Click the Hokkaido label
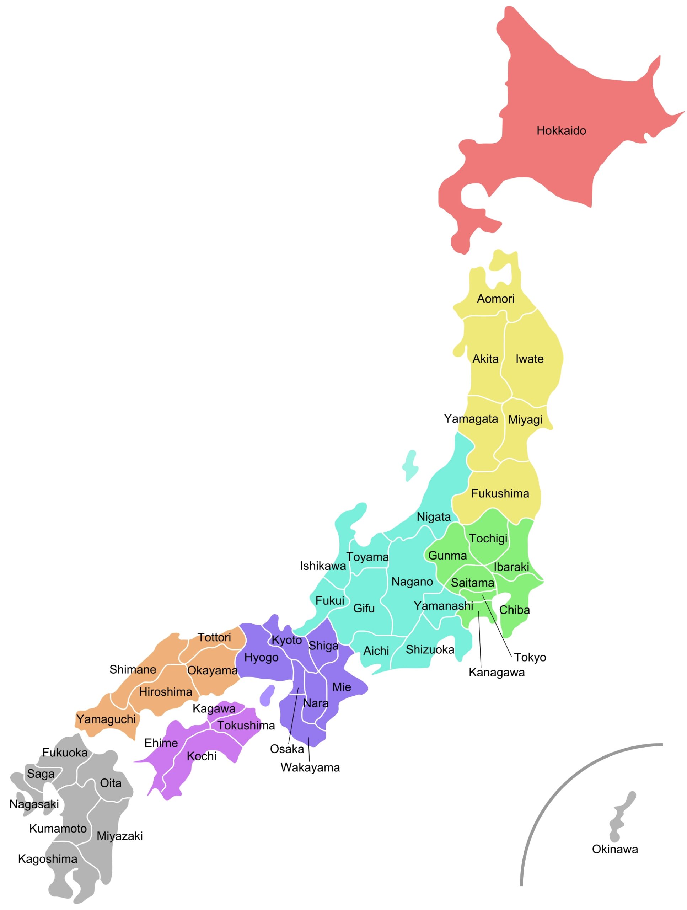coord(561,131)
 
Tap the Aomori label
coord(495,299)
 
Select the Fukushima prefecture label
coord(500,493)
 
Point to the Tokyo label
coord(530,657)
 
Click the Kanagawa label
coord(497,673)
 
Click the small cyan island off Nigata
coord(410,465)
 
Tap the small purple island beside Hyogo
coord(267,695)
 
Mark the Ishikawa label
coord(322,566)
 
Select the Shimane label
coord(133,670)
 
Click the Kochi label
coord(201,756)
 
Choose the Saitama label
coord(472,583)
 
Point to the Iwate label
coord(530,359)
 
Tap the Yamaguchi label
coord(106,719)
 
